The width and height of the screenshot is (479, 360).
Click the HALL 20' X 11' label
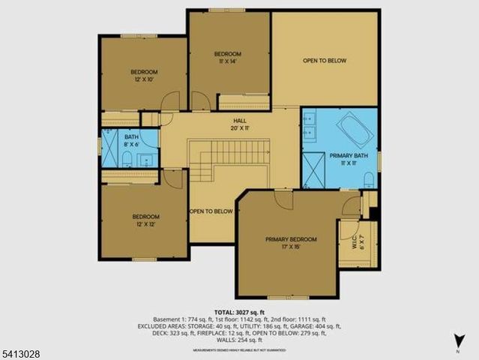[x=240, y=124]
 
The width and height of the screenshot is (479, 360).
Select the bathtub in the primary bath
[x=352, y=127]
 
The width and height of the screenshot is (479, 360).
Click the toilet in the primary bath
[x=368, y=178]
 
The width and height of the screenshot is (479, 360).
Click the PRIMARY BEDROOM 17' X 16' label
[x=290, y=243]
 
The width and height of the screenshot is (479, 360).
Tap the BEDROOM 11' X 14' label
[x=228, y=57]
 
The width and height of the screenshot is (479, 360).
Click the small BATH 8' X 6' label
[x=131, y=141]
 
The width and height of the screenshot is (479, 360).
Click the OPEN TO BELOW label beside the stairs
[x=211, y=211]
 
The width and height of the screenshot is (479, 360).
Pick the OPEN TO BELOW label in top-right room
[x=325, y=60]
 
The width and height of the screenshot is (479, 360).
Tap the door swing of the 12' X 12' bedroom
[x=174, y=178]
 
